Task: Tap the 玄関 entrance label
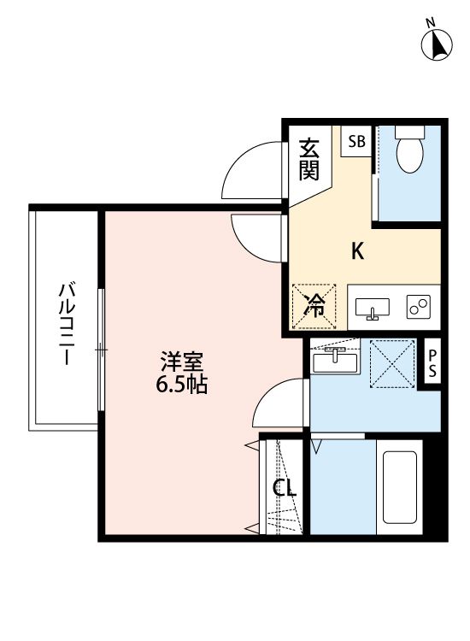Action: (x=309, y=160)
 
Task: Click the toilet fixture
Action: (x=411, y=149)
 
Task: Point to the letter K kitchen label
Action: (x=359, y=251)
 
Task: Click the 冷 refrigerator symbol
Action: (x=315, y=305)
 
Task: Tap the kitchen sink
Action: (x=372, y=307)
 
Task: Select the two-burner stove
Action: (x=418, y=306)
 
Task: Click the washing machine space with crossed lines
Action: (x=391, y=363)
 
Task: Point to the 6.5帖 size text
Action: (x=181, y=384)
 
